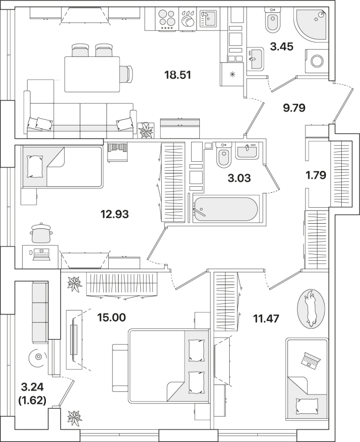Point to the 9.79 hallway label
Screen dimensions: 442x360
[294, 107]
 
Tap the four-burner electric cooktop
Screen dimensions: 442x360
[166, 18]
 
